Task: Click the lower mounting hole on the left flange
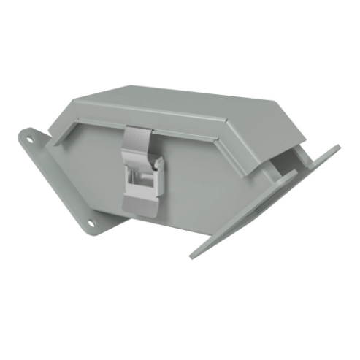tap(91, 222)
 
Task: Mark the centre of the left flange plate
tap(58, 179)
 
